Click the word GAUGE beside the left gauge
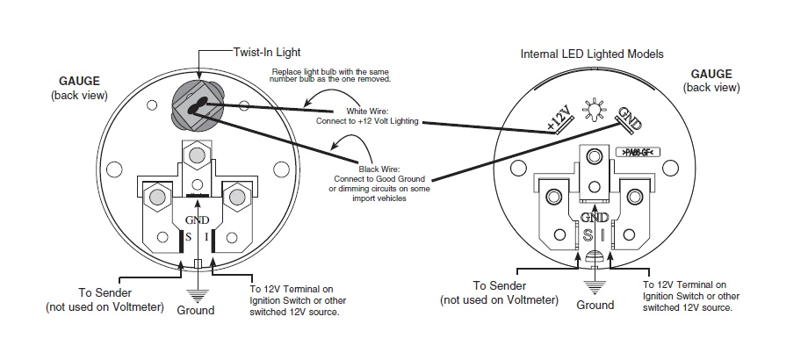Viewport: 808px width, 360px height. [80, 81]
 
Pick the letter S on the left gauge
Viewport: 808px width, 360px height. [185, 237]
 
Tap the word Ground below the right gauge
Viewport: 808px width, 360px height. [595, 306]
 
